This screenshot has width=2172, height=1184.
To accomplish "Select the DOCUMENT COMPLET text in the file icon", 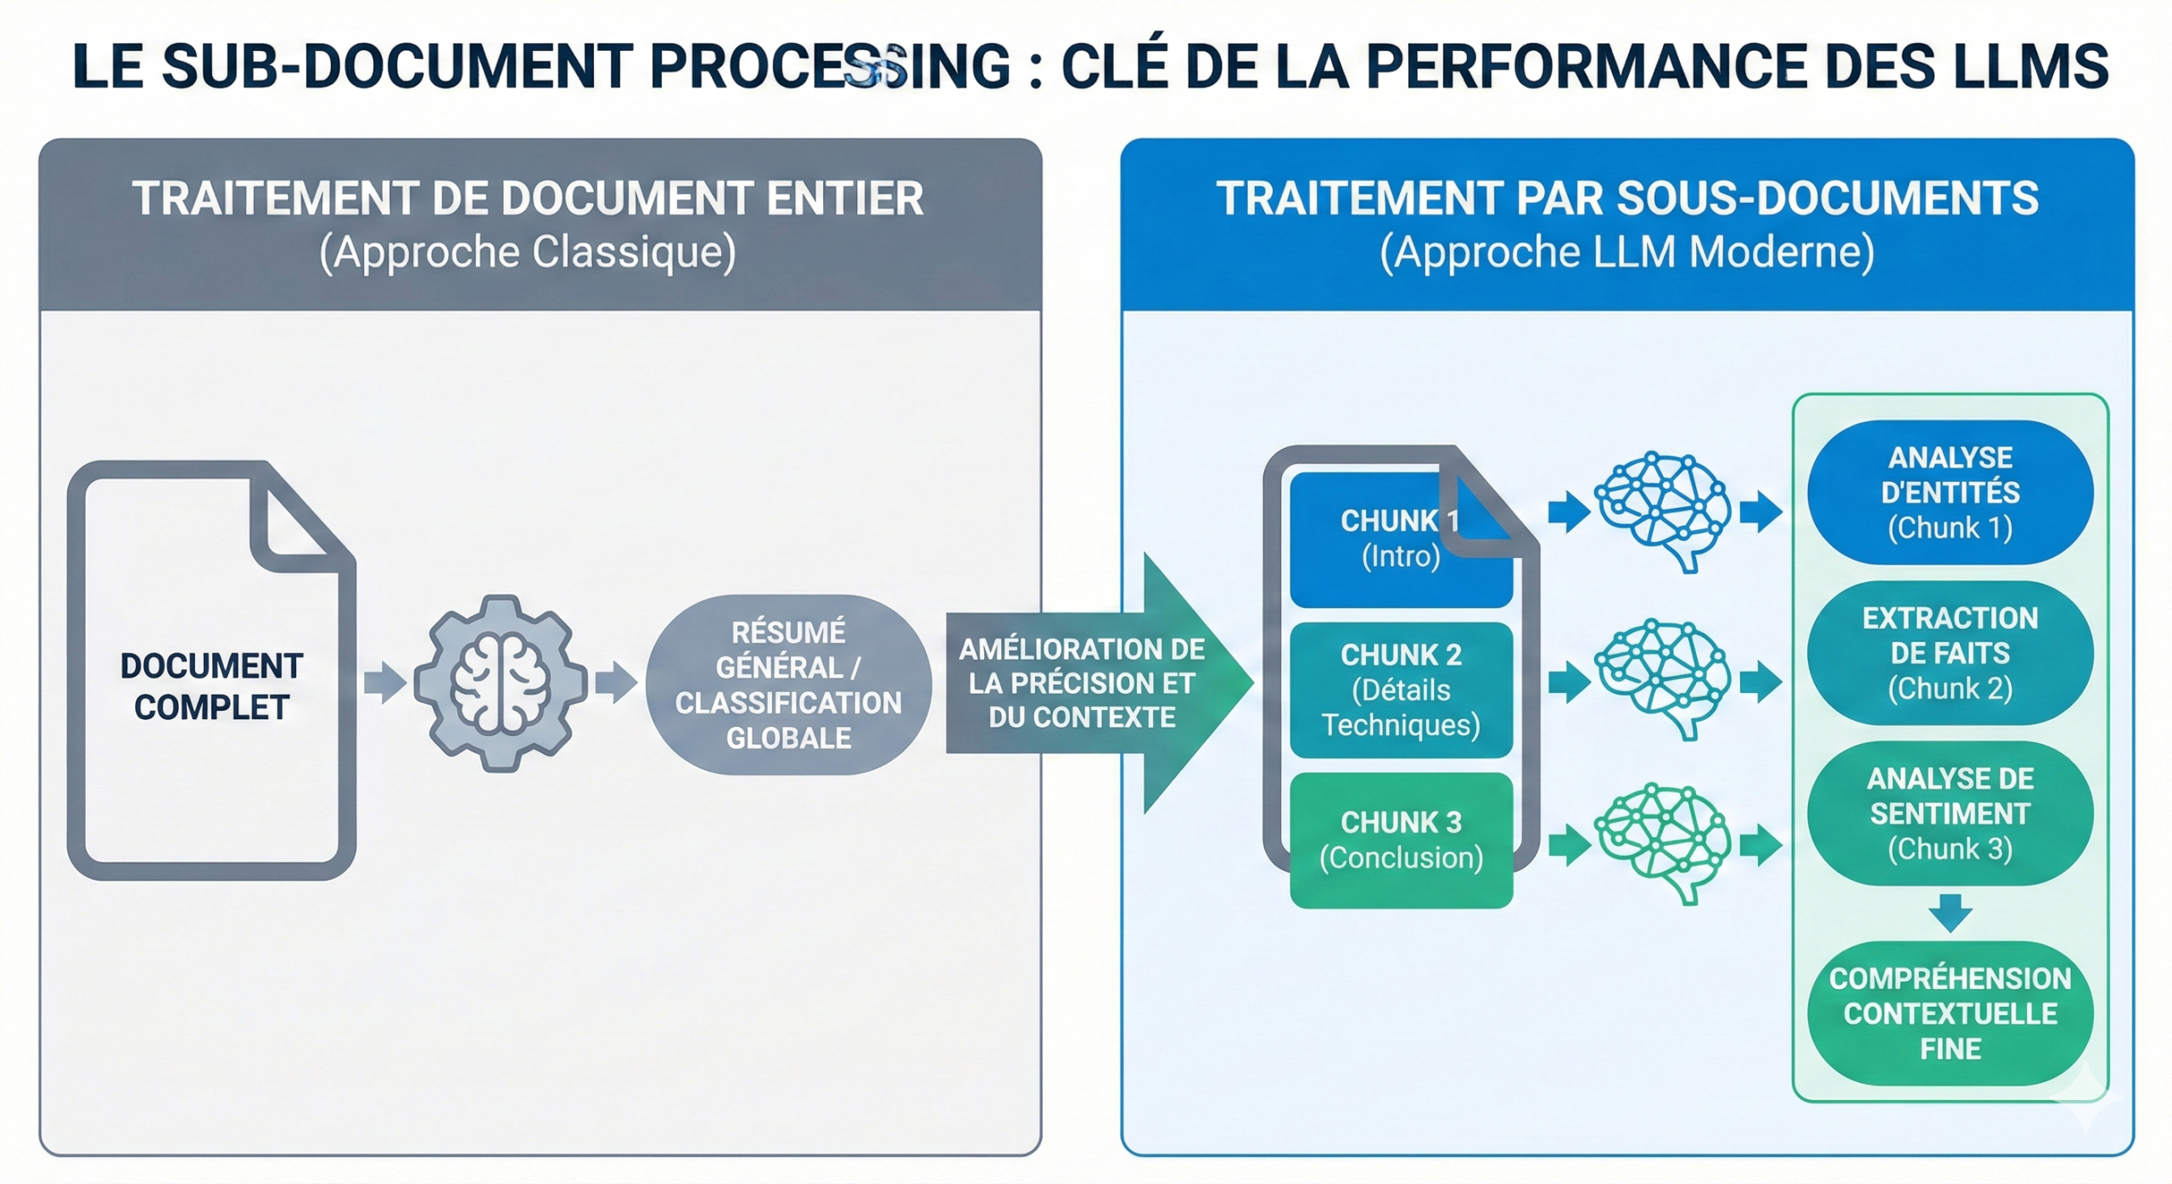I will [x=211, y=686].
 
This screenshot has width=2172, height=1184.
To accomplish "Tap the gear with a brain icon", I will [x=501, y=683].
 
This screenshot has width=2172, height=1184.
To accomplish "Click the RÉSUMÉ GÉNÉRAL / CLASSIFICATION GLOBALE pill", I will [x=788, y=684].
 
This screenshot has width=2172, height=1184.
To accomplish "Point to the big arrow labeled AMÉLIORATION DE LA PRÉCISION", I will [x=1094, y=683].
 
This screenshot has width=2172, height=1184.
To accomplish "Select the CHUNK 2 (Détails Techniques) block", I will [x=1401, y=690].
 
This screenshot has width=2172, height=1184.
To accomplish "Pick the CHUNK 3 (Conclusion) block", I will [x=1401, y=840].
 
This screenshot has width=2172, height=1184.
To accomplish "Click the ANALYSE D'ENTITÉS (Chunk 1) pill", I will [x=1950, y=493].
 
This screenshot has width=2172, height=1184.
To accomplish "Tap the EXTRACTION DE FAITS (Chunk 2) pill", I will [x=1950, y=653].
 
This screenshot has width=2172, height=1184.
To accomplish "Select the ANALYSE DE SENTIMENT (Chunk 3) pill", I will [x=1950, y=813].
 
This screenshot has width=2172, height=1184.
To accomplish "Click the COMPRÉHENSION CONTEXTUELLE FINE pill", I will [x=1950, y=1014].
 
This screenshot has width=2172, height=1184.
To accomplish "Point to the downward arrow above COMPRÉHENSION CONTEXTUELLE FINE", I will [x=1950, y=913].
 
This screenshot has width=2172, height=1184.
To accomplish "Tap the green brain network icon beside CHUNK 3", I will [x=1663, y=842].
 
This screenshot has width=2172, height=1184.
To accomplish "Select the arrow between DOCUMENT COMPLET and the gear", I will [x=385, y=683].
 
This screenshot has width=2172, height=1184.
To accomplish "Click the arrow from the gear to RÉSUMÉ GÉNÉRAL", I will [x=616, y=683].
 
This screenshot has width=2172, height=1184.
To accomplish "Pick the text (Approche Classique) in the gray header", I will [x=528, y=252].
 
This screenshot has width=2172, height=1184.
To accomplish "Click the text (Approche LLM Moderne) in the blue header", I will [x=1626, y=252].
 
